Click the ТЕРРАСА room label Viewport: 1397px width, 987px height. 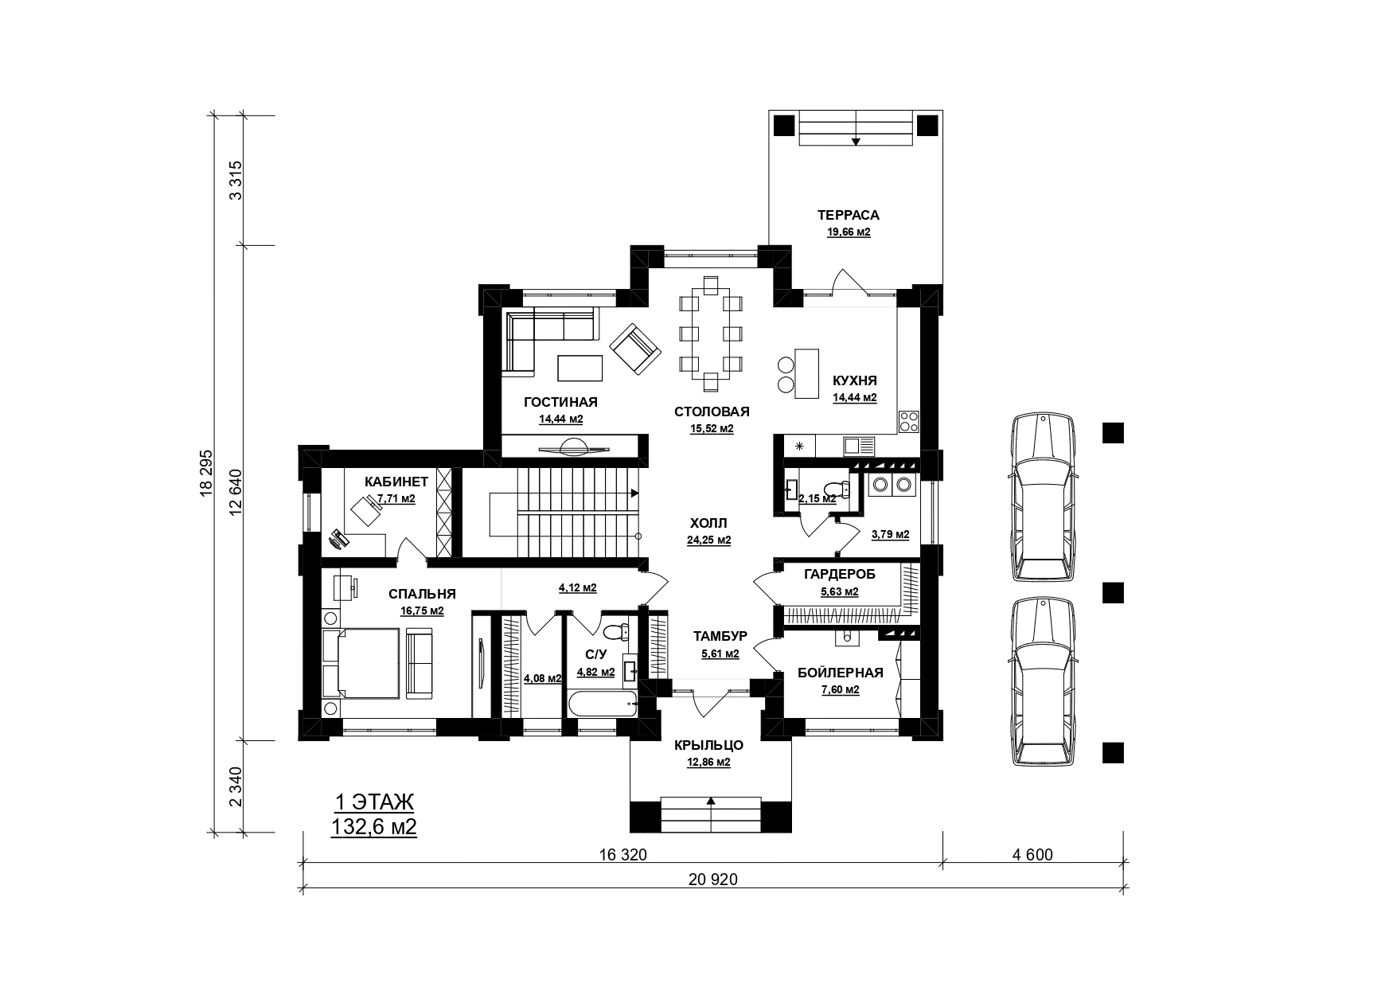pos(848,215)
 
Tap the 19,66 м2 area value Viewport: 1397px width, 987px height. pos(848,232)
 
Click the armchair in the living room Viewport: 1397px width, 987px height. pos(635,349)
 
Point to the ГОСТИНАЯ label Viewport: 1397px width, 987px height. pos(560,402)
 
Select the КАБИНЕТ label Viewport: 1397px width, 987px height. pos(396,482)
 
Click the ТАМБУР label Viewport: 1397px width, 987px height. pos(720,636)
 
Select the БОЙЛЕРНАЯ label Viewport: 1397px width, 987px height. pos(841,673)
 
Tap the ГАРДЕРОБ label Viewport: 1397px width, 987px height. pos(839,574)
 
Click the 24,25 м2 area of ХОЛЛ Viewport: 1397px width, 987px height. pos(708,540)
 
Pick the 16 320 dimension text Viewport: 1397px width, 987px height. pos(622,855)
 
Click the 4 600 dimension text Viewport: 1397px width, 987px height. pos(1032,855)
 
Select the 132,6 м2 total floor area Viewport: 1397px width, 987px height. pos(374,827)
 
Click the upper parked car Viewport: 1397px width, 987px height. pos(1044,498)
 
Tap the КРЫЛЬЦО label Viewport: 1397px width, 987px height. pos(708,745)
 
